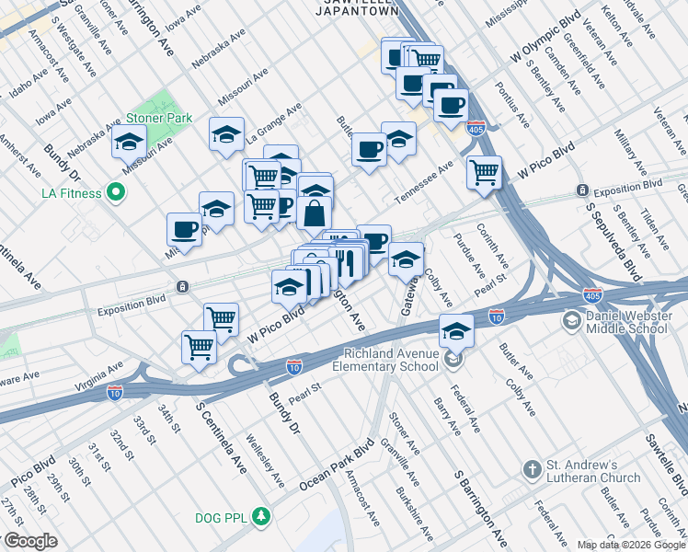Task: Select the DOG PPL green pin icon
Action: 262,515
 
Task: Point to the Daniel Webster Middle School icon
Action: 572,319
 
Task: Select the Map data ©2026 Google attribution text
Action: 630,545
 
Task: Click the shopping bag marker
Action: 315,213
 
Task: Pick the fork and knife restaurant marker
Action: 346,260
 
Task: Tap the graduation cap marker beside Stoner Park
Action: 129,144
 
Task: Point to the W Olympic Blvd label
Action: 546,45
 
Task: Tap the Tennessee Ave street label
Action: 425,184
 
